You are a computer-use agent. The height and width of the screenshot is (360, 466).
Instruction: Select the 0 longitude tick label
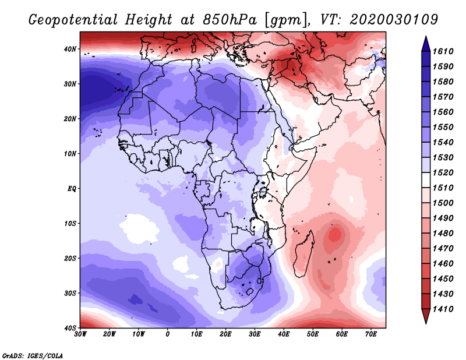click(168, 335)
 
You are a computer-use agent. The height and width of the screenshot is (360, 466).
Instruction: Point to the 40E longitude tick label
click(284, 335)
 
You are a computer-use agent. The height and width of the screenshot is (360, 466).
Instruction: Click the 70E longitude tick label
click(370, 335)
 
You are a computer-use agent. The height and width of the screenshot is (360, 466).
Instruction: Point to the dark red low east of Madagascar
click(335, 235)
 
